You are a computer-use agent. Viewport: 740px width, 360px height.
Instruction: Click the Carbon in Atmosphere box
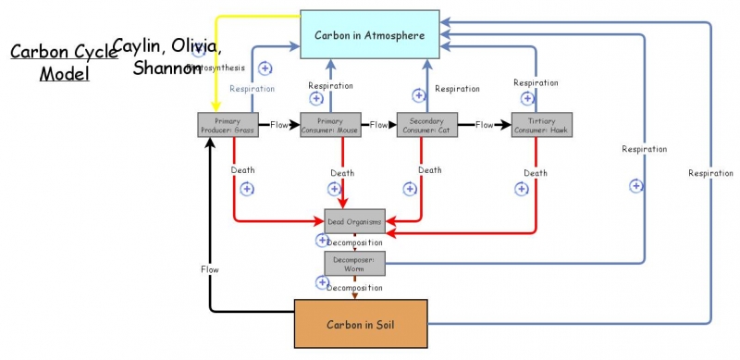(368, 36)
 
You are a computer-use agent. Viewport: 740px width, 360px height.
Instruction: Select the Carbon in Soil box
(361, 325)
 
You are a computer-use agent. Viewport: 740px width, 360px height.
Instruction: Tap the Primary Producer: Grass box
(227, 125)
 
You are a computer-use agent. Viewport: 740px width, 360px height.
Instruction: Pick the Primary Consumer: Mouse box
(330, 125)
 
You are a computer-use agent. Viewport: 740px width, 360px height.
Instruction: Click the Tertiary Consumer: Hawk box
(542, 125)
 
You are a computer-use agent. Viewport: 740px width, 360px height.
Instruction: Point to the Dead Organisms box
(353, 222)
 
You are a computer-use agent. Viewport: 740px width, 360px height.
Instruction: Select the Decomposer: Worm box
(353, 264)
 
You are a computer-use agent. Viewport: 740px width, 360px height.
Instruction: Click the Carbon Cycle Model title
(64, 62)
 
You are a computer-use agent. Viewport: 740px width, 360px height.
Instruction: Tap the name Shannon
(166, 68)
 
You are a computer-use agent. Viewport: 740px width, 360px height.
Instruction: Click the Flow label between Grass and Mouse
(279, 124)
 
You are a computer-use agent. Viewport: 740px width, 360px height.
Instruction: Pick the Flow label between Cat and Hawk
(486, 124)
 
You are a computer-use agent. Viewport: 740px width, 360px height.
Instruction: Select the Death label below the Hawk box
(535, 173)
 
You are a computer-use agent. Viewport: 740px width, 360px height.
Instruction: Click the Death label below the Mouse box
(342, 173)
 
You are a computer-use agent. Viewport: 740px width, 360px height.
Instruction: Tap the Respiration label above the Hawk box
(536, 83)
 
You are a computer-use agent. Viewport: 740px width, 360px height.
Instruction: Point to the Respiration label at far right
(710, 173)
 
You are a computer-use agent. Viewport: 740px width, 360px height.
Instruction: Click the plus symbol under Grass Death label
(247, 189)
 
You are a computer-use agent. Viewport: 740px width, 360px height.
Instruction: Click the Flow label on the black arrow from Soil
(210, 269)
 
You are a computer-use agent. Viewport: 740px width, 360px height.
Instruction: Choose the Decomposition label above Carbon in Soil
(353, 288)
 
